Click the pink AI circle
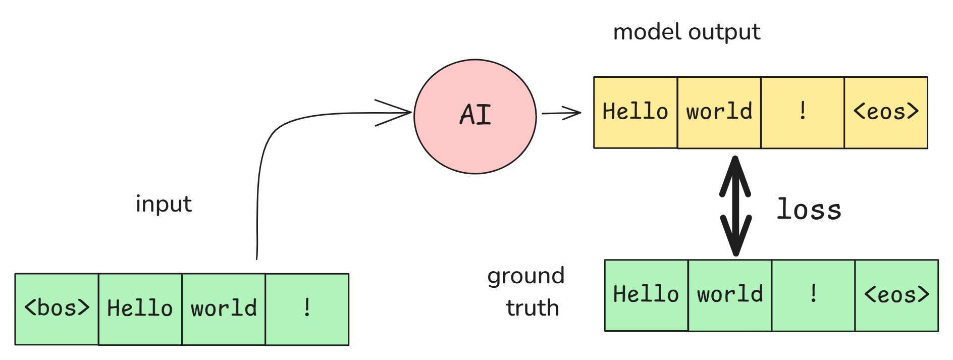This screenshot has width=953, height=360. [475, 117]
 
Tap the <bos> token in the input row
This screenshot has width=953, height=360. [57, 309]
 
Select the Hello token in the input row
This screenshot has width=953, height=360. [140, 309]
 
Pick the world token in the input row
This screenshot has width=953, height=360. [224, 309]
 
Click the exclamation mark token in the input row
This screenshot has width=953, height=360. [307, 309]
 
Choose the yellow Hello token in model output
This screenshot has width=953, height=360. [635, 112]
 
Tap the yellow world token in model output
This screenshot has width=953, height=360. [719, 112]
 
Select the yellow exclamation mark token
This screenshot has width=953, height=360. [803, 112]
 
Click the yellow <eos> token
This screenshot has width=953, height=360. [886, 112]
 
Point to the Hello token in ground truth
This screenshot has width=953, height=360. [646, 295]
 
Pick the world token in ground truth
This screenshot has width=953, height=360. [730, 295]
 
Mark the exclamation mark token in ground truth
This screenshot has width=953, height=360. [813, 295]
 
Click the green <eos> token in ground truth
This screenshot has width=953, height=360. [896, 295]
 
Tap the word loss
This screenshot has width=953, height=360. [809, 210]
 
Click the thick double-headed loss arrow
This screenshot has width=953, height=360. [735, 206]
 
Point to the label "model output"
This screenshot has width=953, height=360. [686, 32]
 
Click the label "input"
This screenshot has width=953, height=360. [164, 204]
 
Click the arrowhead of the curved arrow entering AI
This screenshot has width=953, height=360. [399, 113]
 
